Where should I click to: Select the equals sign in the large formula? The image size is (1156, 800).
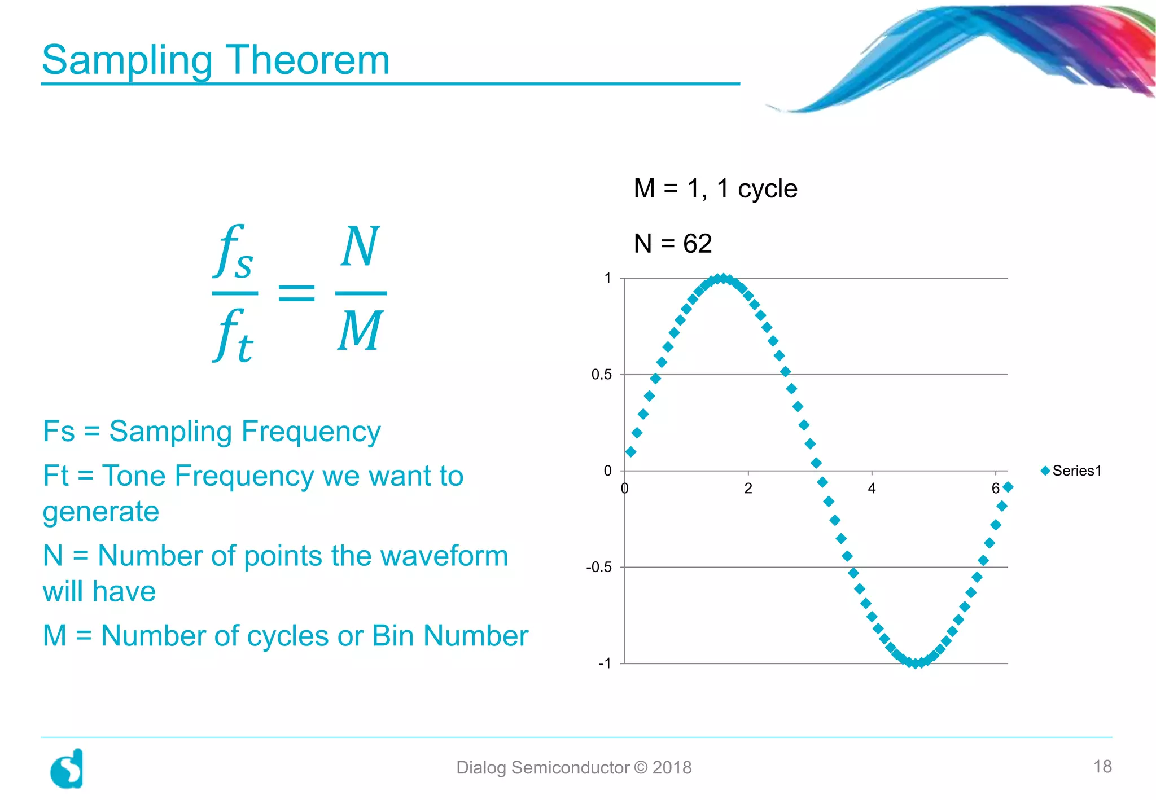(297, 293)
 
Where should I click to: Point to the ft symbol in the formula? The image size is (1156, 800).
(234, 336)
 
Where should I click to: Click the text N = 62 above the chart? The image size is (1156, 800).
(672, 244)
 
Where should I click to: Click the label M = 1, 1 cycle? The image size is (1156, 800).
(715, 188)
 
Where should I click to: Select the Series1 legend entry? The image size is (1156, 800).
(1071, 471)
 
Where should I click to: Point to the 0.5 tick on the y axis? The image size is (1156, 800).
(601, 375)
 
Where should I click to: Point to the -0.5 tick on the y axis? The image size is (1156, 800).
(599, 567)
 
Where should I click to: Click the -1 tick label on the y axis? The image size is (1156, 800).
(605, 663)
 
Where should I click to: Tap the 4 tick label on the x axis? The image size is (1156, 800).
(872, 489)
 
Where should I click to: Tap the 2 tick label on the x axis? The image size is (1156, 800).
(748, 489)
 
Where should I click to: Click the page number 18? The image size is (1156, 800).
(1102, 767)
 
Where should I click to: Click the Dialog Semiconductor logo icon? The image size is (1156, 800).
(67, 769)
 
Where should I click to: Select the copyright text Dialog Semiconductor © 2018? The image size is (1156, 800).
(573, 768)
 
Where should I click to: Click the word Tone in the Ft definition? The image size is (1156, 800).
(134, 476)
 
